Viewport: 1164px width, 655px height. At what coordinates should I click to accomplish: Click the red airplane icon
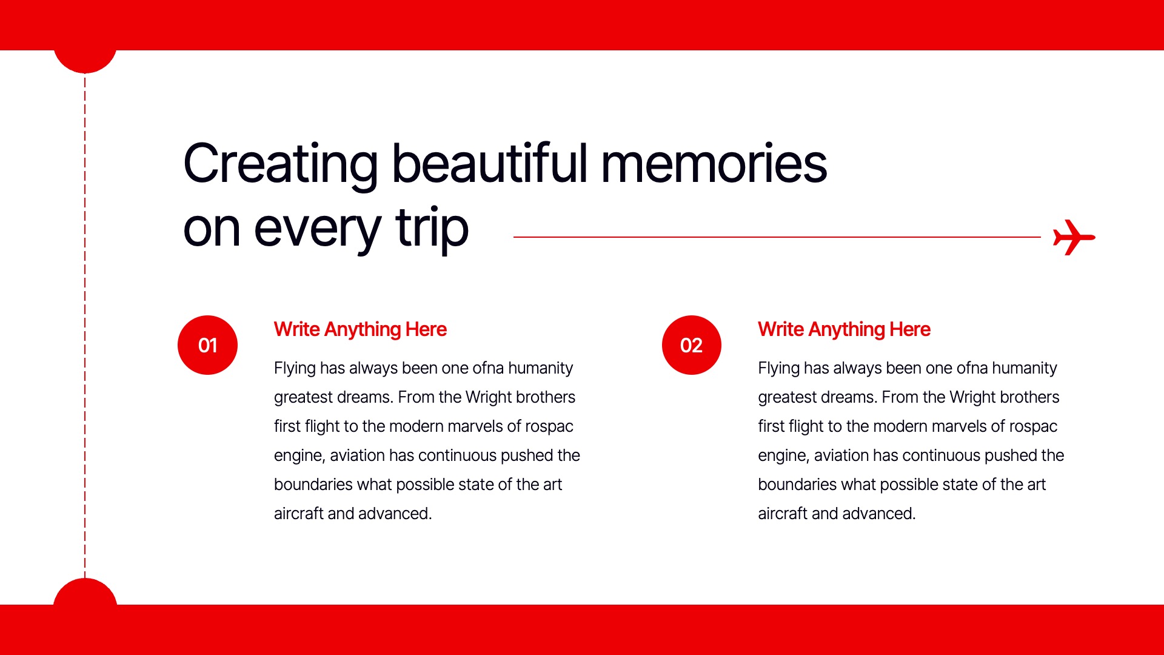click(x=1073, y=237)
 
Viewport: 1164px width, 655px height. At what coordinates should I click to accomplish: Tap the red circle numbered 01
click(x=207, y=345)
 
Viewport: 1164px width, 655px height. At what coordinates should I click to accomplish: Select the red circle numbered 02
click(x=692, y=345)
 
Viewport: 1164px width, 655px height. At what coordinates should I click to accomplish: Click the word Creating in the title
click(x=281, y=164)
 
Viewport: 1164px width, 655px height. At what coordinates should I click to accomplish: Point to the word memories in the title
click(x=714, y=164)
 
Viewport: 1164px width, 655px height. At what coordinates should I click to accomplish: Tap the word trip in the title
click(x=432, y=229)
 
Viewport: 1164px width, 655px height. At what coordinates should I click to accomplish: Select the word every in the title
click(x=317, y=232)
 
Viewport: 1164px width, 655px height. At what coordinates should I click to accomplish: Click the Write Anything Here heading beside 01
click(x=360, y=329)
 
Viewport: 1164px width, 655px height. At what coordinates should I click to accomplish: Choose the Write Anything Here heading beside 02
click(x=844, y=329)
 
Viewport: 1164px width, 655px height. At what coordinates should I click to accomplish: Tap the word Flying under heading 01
click(x=295, y=368)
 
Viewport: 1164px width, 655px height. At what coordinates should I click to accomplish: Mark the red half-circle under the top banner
click(x=85, y=61)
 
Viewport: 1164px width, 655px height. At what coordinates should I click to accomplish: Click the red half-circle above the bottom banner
click(x=85, y=592)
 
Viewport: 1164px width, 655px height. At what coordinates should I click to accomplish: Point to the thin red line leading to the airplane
click(x=777, y=237)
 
